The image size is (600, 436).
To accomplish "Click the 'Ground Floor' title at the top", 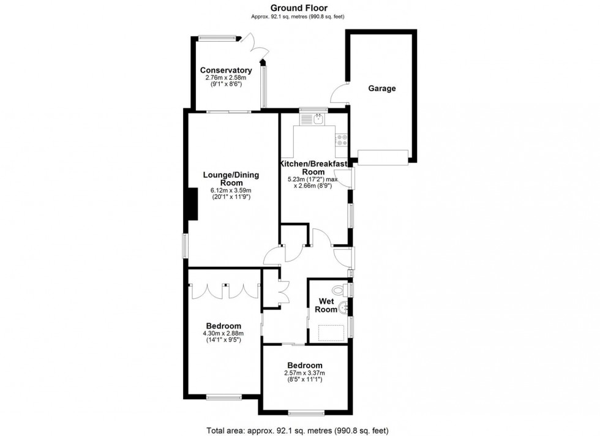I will (x=299, y=8).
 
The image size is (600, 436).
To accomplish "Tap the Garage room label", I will (x=381, y=88).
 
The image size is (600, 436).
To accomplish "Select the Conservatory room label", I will (x=225, y=70).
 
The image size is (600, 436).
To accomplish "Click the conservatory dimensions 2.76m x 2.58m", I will (x=225, y=78).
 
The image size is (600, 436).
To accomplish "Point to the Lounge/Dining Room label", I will (x=231, y=179).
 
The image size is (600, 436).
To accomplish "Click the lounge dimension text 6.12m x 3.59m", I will (x=231, y=190).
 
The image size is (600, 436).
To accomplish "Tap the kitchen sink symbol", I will (x=318, y=119).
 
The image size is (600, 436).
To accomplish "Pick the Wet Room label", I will (x=326, y=305).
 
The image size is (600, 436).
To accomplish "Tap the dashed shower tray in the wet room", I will (x=331, y=331).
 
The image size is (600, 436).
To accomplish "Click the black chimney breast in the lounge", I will (x=192, y=205).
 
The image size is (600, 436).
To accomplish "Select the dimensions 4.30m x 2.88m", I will (x=223, y=333).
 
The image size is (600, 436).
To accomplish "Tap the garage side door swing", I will (x=339, y=94).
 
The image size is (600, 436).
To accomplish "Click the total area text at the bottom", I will (x=299, y=429).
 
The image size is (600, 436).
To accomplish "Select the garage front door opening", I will (x=382, y=157).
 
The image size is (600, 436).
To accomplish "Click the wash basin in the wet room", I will (x=347, y=307).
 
